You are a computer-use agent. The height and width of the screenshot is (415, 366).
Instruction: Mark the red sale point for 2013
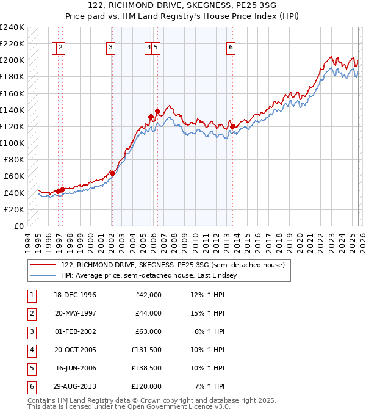click(232, 126)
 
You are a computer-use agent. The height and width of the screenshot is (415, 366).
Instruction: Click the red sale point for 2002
click(112, 173)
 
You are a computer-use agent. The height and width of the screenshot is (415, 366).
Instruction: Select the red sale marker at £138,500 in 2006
click(157, 111)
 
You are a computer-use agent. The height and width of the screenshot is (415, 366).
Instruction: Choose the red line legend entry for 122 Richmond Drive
click(173, 265)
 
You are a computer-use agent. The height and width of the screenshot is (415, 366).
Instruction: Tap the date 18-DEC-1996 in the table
click(75, 295)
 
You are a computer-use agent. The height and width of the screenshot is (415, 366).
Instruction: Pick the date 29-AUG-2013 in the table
click(75, 386)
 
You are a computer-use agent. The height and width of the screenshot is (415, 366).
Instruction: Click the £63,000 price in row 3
click(148, 331)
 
